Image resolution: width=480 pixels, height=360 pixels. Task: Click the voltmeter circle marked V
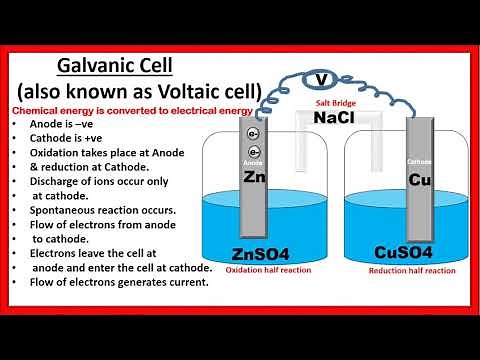click(320, 80)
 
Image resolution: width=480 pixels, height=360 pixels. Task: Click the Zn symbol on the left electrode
click(255, 176)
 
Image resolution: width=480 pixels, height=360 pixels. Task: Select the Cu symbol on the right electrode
click(420, 180)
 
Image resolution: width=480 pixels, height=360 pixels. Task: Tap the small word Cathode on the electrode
click(420, 159)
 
